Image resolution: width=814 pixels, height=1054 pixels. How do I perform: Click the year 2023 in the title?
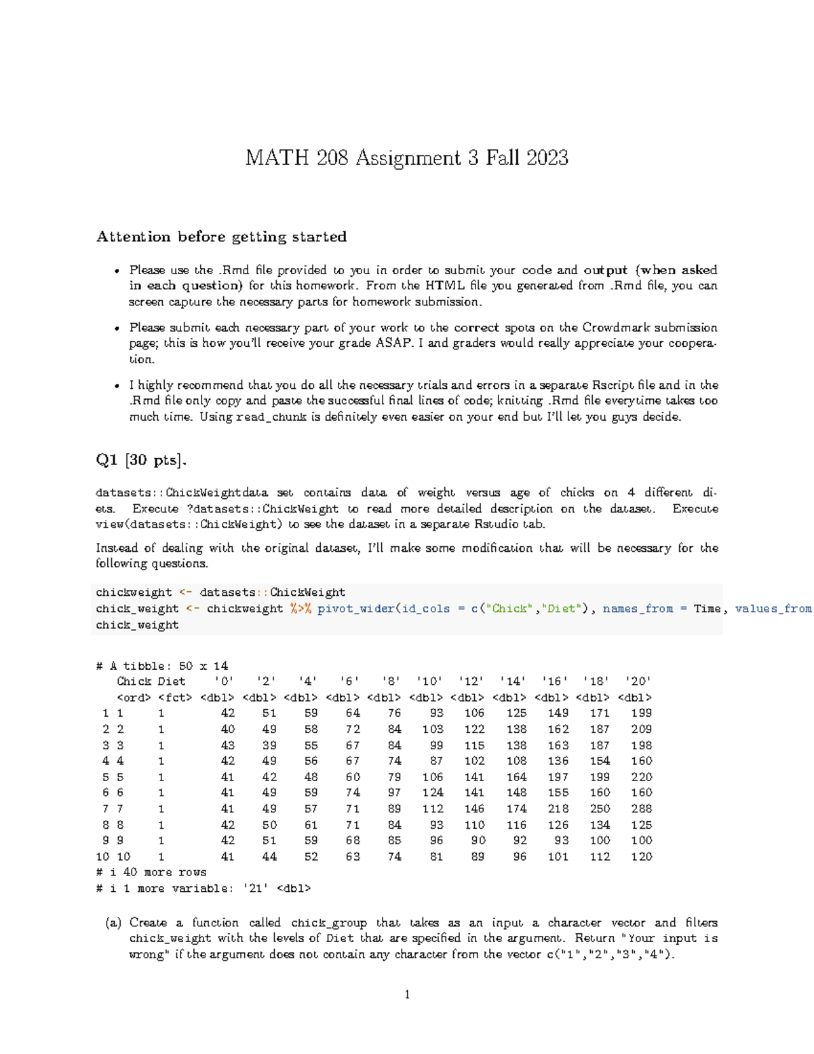coord(547,158)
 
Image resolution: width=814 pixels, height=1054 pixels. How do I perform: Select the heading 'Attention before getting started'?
coord(221,237)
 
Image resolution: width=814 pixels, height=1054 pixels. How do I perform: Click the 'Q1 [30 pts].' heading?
coord(141,460)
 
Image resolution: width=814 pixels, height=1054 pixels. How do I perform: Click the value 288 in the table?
coord(641,809)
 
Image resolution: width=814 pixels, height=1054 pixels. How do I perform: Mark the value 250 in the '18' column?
coord(600,809)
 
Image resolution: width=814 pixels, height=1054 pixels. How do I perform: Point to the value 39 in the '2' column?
coord(269,745)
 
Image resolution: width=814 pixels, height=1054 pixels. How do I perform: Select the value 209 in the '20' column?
coord(641,730)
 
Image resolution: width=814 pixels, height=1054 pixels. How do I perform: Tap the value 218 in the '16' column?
coord(558,809)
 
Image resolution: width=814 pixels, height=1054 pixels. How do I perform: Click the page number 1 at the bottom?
coord(407,995)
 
